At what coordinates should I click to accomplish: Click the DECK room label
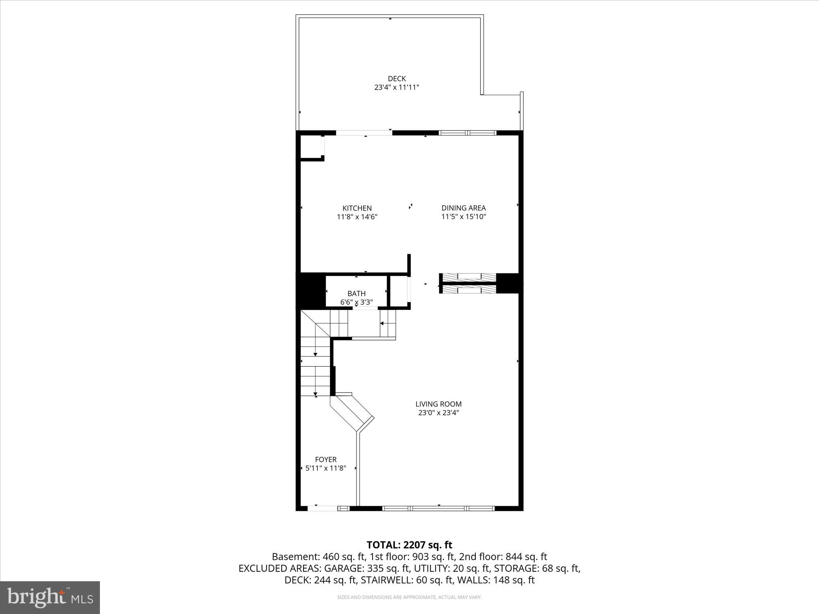coord(397,79)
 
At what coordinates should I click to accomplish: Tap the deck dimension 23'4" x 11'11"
coord(397,87)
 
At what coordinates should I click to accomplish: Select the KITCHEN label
coord(357,208)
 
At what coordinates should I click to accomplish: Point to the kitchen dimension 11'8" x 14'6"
coord(357,217)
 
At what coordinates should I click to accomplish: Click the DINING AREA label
coord(464,208)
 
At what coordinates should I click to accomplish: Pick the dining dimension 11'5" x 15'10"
coord(464,217)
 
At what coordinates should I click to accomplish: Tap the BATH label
coord(356,293)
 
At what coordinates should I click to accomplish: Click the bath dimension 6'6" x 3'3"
coord(356,302)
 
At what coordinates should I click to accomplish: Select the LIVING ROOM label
coord(439,404)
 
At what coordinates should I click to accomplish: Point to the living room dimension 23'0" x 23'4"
coord(439,413)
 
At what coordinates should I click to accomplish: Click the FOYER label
coord(326,460)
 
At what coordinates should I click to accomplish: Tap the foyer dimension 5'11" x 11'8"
coord(326,468)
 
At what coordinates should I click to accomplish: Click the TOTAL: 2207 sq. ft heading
coord(409,545)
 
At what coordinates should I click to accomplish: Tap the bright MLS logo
coord(50,598)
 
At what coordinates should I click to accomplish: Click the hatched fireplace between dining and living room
coord(468,283)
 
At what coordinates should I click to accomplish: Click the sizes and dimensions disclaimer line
coord(409,597)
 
